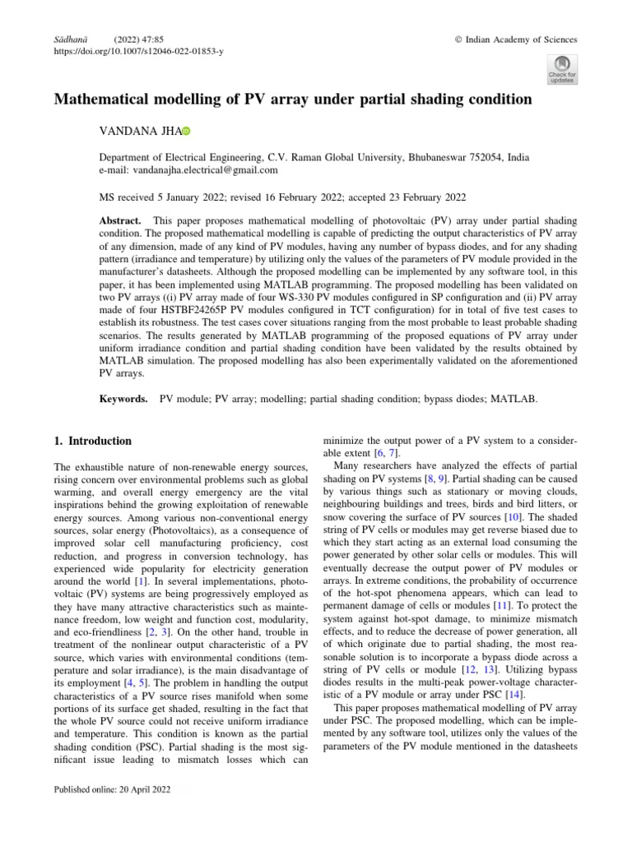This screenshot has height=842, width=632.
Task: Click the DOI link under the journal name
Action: pos(138,51)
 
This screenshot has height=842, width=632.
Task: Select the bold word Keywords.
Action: pos(123,399)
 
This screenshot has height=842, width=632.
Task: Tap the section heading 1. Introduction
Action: pos(92,441)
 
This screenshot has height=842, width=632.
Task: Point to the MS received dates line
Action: pos(282,197)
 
